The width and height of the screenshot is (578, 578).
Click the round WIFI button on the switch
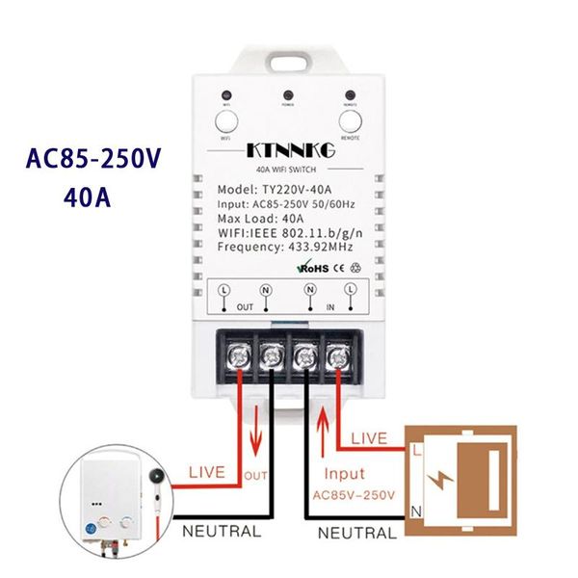(x=226, y=122)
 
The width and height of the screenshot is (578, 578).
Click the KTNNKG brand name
(x=289, y=151)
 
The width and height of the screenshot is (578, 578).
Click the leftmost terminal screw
(x=236, y=355)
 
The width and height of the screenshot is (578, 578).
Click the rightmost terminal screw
(x=339, y=355)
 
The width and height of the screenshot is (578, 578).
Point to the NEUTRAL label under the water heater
(x=222, y=531)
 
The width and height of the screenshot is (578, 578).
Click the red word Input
(x=345, y=475)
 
